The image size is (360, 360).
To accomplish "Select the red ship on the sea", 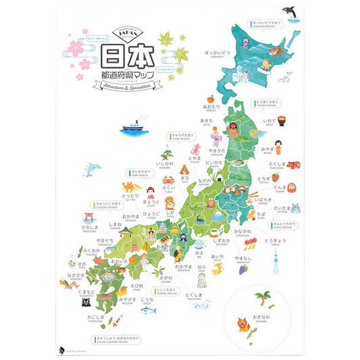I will pos(132,125).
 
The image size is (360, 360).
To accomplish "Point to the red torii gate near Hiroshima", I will pos(87,217).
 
